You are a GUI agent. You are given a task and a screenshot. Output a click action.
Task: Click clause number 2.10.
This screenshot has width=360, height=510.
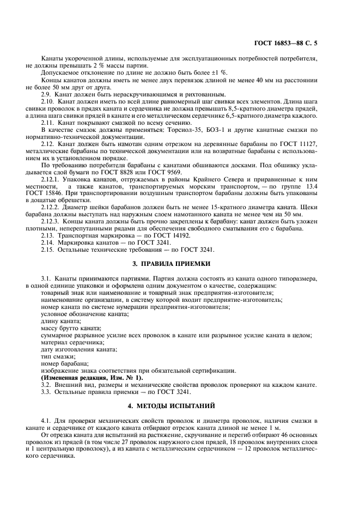(48, 102)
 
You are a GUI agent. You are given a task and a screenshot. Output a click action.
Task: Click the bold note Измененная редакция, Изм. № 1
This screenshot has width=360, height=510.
(92, 378)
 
